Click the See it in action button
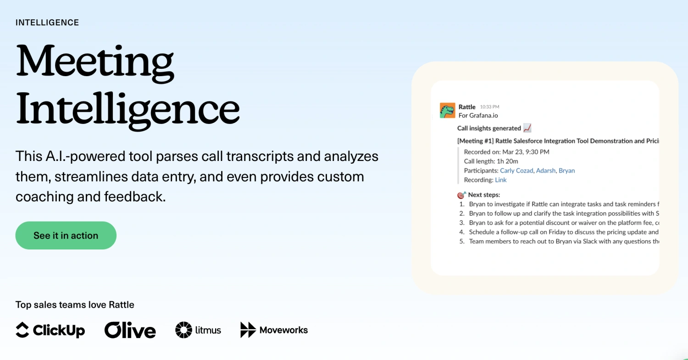(x=66, y=235)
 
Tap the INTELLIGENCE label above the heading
(x=47, y=22)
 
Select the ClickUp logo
(x=50, y=330)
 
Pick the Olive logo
(x=130, y=330)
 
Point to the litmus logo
(x=198, y=330)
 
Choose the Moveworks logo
(x=274, y=330)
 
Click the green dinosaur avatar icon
(x=447, y=110)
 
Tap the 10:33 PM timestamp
(x=489, y=107)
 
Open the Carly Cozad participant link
(x=516, y=171)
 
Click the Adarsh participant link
(x=545, y=171)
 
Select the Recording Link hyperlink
(x=501, y=180)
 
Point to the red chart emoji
(x=527, y=128)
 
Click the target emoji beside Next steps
(x=461, y=195)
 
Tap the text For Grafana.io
(x=478, y=116)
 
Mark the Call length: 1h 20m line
(x=491, y=161)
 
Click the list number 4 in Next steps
(x=462, y=232)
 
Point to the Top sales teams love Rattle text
(x=75, y=305)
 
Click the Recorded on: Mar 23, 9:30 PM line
(x=506, y=152)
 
